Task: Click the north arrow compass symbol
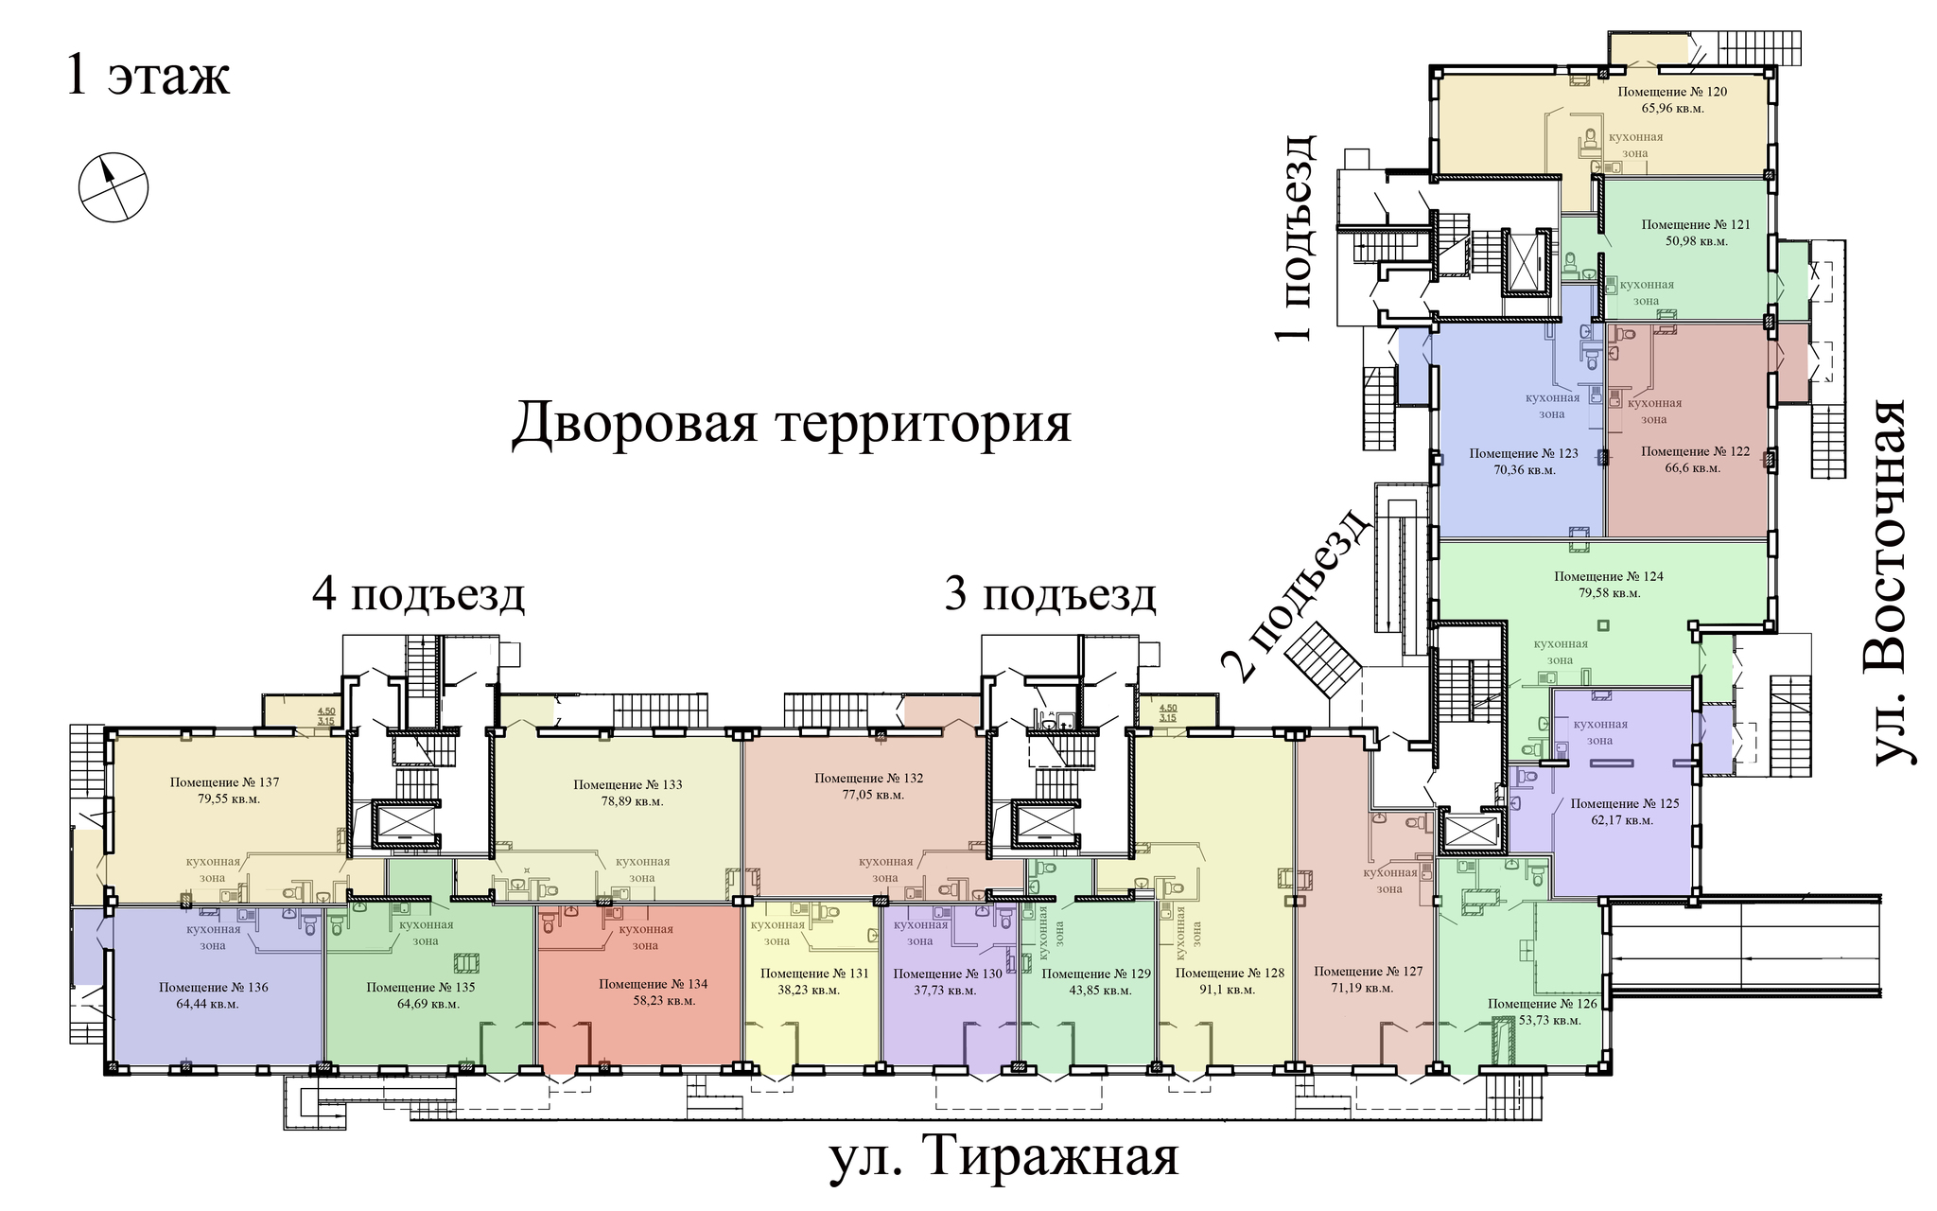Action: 113,187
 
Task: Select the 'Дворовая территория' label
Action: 792,422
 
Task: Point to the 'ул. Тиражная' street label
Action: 1004,1155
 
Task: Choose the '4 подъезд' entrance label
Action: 419,596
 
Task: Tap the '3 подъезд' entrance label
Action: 1051,596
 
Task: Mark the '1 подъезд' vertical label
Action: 1292,237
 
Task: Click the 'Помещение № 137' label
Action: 225,782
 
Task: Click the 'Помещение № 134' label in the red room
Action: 653,984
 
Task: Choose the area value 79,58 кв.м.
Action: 1609,593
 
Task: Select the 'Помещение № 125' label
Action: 1625,803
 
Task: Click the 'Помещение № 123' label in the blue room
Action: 1524,453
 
